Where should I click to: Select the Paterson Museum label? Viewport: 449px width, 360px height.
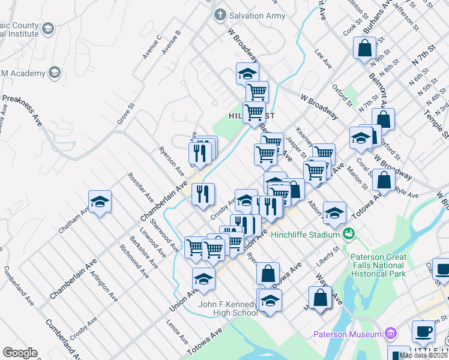pos(348,334)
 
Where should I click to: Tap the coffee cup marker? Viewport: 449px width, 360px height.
pos(423,331)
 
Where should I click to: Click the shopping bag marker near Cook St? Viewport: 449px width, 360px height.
pos(365,48)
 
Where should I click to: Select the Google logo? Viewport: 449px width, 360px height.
pos(20,353)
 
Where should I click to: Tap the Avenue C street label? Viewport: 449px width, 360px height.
pos(152,47)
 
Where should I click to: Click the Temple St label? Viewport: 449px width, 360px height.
pos(435,120)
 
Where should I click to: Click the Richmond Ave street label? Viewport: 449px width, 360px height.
pos(134,261)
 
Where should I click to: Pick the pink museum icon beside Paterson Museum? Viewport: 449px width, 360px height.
pos(391,333)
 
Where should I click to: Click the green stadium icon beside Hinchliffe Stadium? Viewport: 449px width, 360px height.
pos(347,233)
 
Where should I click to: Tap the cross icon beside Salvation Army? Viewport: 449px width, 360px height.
pos(220,15)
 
